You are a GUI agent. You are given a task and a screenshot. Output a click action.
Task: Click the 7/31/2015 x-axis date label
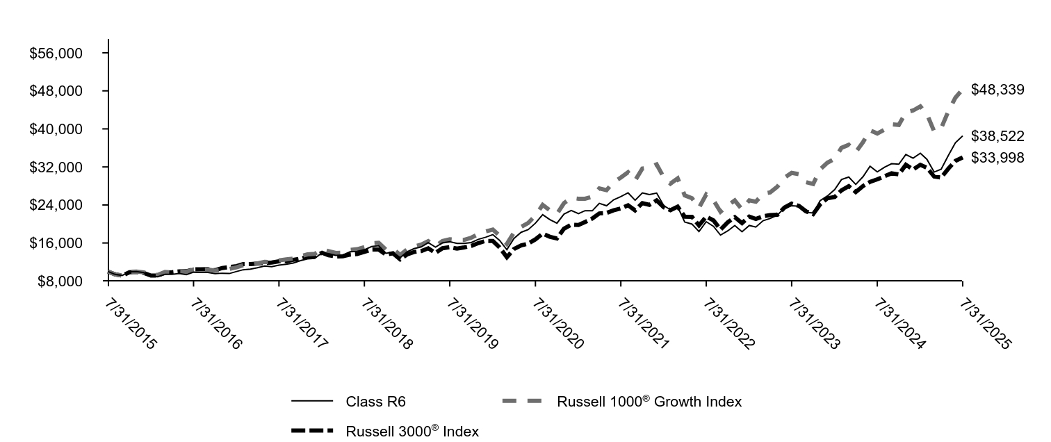[129, 323]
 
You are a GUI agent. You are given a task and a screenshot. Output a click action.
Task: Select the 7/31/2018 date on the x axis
[385, 323]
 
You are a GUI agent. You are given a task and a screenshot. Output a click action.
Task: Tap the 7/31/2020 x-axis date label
[556, 323]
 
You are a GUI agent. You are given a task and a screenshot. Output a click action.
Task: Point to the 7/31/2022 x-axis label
[727, 323]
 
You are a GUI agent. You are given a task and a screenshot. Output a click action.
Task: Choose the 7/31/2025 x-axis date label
[984, 323]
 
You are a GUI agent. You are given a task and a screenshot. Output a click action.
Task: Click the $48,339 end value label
[997, 90]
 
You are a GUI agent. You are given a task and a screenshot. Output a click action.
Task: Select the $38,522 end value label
[997, 136]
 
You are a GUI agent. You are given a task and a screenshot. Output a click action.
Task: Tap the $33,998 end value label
[997, 158]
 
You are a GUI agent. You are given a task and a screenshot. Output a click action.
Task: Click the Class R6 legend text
[375, 401]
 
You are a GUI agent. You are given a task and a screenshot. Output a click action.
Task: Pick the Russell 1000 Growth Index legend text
[649, 402]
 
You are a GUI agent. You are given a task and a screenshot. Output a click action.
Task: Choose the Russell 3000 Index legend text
[412, 432]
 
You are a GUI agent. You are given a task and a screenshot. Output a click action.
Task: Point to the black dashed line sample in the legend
[312, 431]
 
